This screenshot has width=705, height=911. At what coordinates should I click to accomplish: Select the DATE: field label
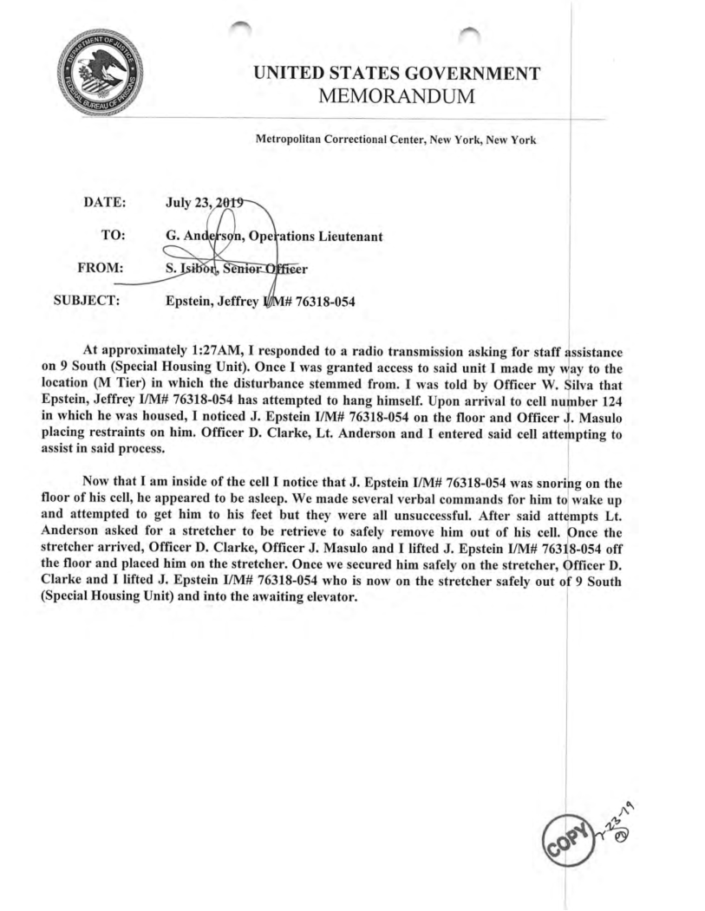tap(105, 202)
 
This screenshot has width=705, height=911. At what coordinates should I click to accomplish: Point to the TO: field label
tap(114, 235)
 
